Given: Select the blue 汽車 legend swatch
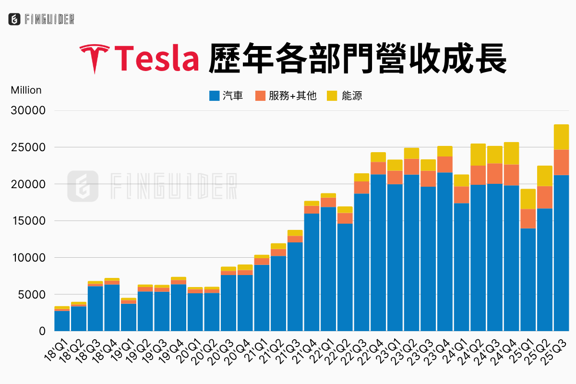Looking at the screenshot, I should point(215,96).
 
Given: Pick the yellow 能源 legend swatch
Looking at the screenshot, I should point(332,96).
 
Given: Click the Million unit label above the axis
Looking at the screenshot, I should point(26,90).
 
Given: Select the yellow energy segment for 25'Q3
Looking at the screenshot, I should point(561,137).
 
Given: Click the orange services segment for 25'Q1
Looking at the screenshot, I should point(528,218).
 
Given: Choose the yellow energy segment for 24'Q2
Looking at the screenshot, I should point(478,155).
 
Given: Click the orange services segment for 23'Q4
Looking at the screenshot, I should point(445,164).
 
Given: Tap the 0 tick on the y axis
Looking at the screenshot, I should point(42,332).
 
